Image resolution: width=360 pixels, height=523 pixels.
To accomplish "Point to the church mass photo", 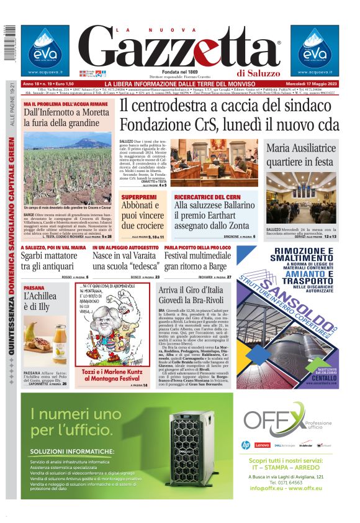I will [x=301, y=199].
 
